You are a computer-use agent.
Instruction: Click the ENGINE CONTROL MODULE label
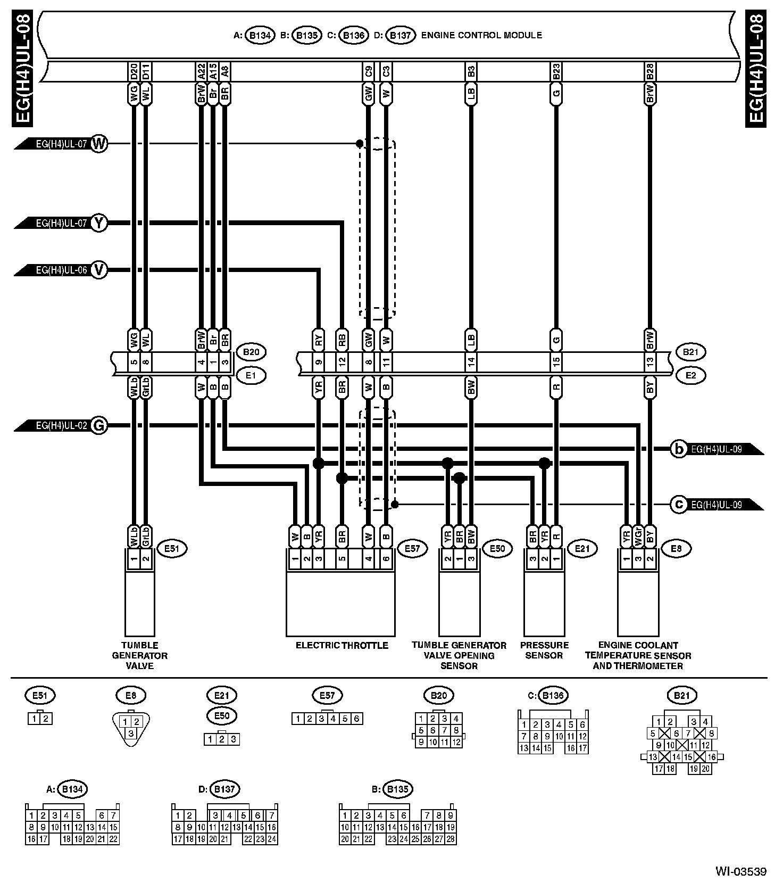coord(481,36)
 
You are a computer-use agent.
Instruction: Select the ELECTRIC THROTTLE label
coord(342,646)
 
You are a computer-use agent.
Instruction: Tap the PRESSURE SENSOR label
coord(544,650)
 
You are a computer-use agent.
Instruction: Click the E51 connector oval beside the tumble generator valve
coord(172,548)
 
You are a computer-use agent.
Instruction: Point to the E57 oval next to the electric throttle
coord(412,548)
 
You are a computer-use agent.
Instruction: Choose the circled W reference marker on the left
coord(99,144)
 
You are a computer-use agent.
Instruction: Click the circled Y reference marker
coord(99,223)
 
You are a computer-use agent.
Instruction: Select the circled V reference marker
coord(99,270)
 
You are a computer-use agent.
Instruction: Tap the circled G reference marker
coord(99,425)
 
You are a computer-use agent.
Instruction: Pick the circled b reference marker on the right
coord(679,449)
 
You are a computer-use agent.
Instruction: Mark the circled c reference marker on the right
coord(679,504)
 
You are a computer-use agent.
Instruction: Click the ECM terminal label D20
coord(134,71)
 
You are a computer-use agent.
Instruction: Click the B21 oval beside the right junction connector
coord(690,352)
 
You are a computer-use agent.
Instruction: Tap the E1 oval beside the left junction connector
coord(251,376)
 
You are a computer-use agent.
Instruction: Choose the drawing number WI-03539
coord(741,871)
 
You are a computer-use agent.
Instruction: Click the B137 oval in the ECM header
coord(400,36)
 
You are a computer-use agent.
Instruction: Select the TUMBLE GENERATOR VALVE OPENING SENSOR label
coord(459,655)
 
